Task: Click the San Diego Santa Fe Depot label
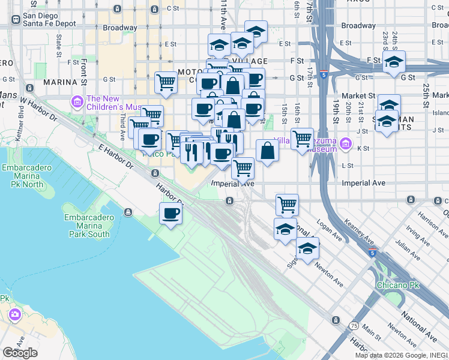click(x=49, y=19)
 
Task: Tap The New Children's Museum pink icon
click(x=77, y=103)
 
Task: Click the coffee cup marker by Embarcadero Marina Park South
click(x=170, y=214)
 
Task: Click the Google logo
click(x=20, y=353)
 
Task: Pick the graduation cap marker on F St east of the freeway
click(x=394, y=62)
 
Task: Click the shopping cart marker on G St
click(x=166, y=83)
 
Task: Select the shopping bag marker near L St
click(x=267, y=151)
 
